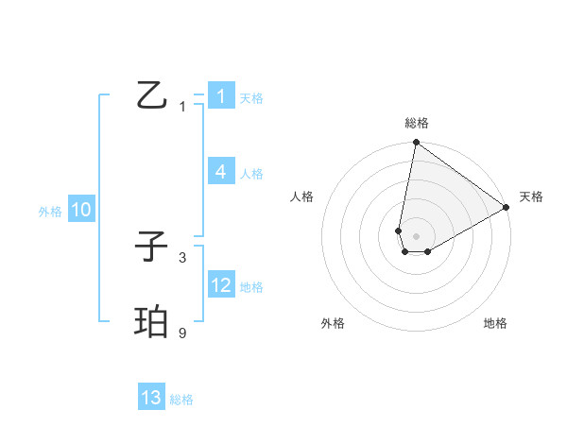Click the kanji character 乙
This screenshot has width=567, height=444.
[152, 94]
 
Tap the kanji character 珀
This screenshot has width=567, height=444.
[152, 321]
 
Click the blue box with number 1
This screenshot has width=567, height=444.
[220, 96]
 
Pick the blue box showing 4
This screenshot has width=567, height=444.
[220, 172]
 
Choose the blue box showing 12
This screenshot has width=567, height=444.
[220, 285]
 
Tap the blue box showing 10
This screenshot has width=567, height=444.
[80, 210]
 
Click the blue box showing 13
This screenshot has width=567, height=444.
[151, 398]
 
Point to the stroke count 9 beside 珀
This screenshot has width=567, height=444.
[182, 333]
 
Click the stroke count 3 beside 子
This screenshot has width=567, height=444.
[182, 257]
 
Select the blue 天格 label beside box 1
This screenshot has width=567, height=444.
[250, 98]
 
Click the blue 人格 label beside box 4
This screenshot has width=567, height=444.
[250, 174]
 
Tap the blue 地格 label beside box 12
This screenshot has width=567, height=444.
[250, 287]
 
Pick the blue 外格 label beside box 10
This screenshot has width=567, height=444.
[50, 212]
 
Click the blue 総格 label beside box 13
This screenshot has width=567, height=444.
[181, 400]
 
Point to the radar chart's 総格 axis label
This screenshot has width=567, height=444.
[417, 123]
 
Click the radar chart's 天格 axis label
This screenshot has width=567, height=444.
[531, 196]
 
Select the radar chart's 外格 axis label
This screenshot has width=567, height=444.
[333, 323]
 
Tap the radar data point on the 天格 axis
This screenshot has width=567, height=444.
[507, 208]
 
